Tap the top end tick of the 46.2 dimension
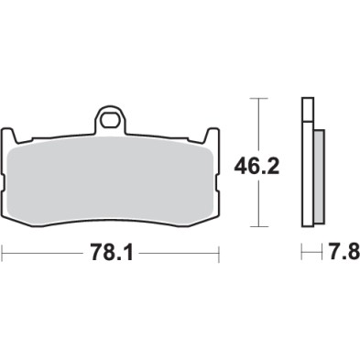(x=262, y=99)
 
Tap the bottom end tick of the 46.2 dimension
(x=262, y=226)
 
